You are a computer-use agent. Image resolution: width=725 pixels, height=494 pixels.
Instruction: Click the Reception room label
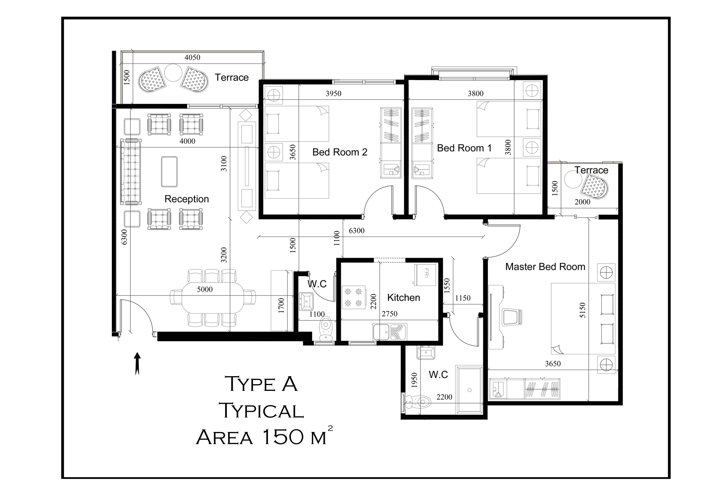[187, 199]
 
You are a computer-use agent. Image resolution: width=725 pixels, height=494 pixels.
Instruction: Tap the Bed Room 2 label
[340, 152]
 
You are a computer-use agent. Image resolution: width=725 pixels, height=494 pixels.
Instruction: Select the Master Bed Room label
[545, 267]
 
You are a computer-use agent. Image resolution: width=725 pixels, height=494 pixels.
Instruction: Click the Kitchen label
[403, 297]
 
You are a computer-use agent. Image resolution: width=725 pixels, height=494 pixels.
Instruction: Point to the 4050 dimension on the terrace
[192, 57]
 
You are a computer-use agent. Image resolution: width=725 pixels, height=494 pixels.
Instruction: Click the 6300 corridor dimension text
[356, 230]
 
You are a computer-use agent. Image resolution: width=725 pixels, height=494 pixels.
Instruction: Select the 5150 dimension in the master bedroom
[582, 310]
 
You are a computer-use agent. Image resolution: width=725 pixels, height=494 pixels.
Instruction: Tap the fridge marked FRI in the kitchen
[425, 275]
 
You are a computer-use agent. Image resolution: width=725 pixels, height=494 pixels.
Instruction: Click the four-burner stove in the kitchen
[354, 297]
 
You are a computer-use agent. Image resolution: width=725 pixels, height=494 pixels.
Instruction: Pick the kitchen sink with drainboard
[390, 332]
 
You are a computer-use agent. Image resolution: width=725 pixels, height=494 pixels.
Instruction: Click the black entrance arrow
[137, 363]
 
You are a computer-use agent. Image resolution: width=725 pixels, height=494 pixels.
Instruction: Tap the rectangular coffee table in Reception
[169, 172]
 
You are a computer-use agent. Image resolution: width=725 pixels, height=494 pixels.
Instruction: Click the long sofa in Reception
[131, 172]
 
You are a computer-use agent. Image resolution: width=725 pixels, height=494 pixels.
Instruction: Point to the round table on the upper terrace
[173, 73]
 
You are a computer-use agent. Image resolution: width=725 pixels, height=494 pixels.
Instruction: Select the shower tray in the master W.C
[469, 390]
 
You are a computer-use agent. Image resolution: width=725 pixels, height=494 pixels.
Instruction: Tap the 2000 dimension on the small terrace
[582, 202]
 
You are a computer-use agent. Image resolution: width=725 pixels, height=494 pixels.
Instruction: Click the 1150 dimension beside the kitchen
[463, 298]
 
